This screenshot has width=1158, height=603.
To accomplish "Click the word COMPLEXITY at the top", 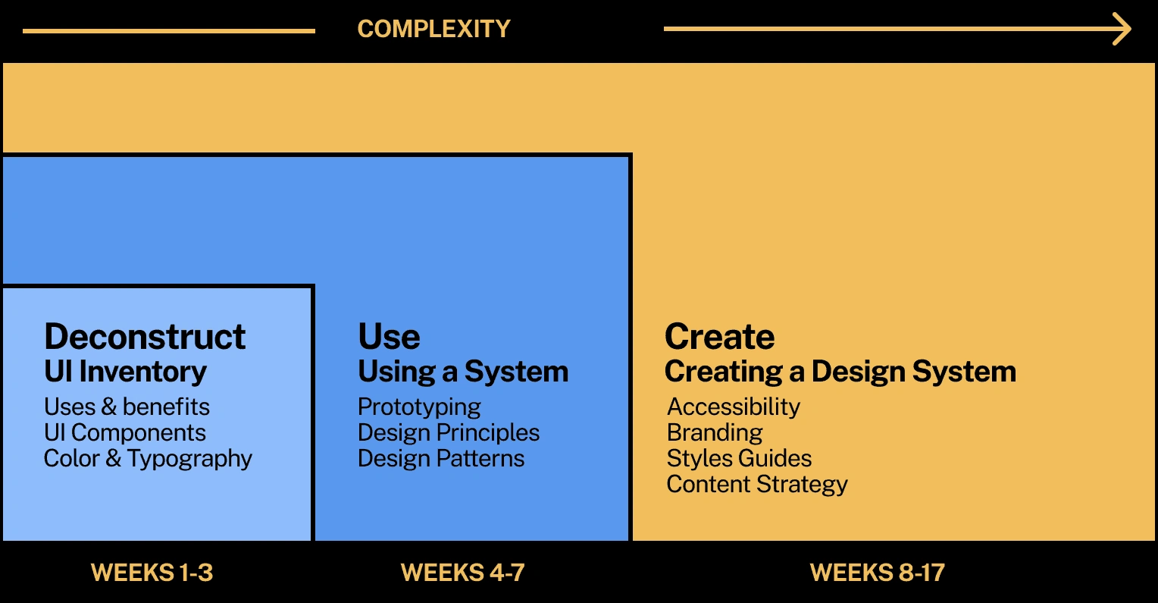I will point(433,29).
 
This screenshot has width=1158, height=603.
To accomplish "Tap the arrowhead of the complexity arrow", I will point(1123,30).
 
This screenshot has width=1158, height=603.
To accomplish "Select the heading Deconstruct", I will point(145,337).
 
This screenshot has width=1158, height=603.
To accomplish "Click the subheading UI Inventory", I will point(125,372).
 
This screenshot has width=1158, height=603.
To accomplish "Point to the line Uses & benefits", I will point(127,407).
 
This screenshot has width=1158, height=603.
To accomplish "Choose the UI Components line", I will point(125,432).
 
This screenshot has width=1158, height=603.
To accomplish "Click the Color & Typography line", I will point(148,459).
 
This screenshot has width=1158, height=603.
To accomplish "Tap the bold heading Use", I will point(389,337).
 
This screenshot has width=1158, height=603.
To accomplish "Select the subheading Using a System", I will point(463,372).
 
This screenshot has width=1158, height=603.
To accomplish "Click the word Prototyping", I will point(419,407).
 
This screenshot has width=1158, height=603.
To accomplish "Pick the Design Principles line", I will point(449,432).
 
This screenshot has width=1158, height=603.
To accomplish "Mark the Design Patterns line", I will point(441,458).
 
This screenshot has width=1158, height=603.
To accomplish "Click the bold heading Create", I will point(719,337).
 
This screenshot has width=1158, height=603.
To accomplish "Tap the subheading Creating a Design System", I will point(840,372).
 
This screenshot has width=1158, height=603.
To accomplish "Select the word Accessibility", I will point(733,407).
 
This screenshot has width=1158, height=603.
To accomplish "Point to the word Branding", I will point(715,432).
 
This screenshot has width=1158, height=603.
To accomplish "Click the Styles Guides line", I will point(739,458).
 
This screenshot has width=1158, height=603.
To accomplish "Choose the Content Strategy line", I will point(757,485).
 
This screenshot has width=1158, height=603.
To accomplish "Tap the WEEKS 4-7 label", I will point(462,572).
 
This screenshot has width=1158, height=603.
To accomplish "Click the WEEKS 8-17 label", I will point(877,572).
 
